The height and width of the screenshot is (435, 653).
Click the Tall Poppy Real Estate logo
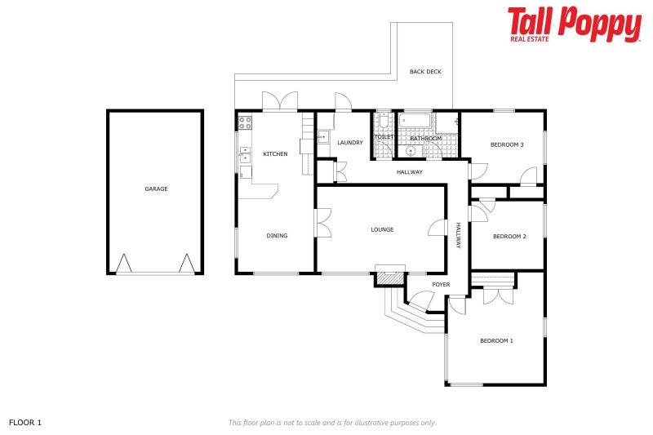tap(574, 24)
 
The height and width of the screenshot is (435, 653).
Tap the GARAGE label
tap(156, 189)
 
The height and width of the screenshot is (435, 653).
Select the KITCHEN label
tap(275, 153)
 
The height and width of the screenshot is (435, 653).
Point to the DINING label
tap(277, 236)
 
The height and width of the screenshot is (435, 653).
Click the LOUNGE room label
tap(382, 229)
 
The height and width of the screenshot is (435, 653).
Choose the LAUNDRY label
tap(350, 143)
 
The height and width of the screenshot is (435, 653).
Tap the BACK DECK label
tap(425, 72)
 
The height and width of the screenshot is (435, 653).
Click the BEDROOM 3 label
tap(507, 144)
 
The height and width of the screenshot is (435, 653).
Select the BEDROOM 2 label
tap(509, 237)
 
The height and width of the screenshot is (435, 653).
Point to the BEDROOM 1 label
tap(496, 340)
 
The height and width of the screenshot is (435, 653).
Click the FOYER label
tap(442, 284)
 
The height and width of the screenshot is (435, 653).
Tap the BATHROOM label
tap(425, 139)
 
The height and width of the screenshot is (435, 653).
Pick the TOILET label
tap(384, 136)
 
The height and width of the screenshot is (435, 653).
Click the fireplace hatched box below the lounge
tap(390, 277)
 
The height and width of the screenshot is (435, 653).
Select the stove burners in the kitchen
tap(244, 122)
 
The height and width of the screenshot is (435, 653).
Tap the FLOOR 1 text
tap(25, 422)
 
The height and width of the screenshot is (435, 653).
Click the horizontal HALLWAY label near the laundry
tap(409, 172)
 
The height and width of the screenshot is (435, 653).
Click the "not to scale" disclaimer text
tap(332, 422)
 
